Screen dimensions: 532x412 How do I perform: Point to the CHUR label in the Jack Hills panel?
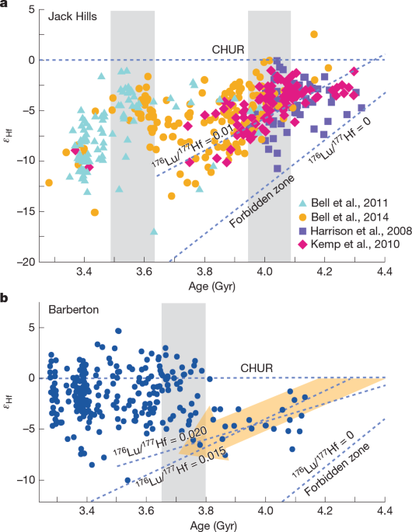click(230, 50)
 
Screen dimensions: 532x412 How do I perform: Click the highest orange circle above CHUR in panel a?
click(314, 34)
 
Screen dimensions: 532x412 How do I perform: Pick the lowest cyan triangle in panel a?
click(154, 231)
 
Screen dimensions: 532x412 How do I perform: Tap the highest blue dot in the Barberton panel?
click(118, 331)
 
